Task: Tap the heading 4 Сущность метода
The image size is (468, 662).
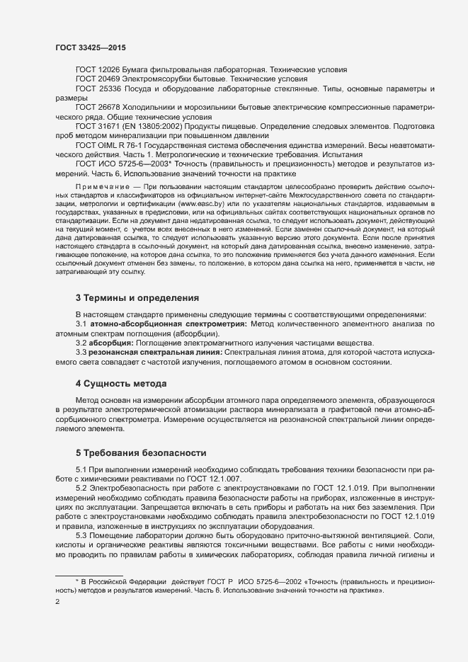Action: (121, 384)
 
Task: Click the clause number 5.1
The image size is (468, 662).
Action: (81, 469)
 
